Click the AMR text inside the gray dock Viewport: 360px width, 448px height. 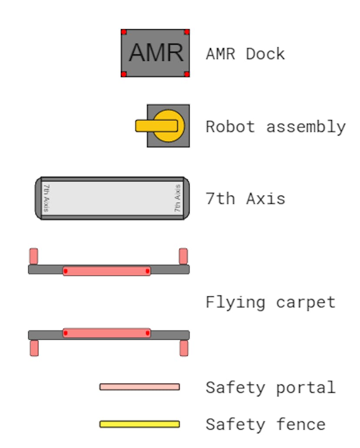click(156, 53)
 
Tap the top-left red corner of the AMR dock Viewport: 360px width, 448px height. click(124, 32)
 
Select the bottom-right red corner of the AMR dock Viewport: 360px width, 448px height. click(187, 74)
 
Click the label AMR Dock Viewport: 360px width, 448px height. click(245, 54)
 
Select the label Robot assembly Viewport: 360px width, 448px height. click(276, 126)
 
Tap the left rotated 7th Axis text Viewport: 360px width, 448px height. click(47, 198)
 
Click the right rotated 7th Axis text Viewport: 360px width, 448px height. click(177, 198)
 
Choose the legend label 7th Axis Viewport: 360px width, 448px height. click(245, 199)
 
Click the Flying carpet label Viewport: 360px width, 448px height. click(270, 302)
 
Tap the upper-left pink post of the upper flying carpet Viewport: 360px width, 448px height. click(33, 256)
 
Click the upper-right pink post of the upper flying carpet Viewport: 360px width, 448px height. click(183, 256)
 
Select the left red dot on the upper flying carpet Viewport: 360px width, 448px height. click(66, 271)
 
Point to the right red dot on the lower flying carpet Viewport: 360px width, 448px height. click(148, 333)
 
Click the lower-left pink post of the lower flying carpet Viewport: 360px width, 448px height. click(34, 348)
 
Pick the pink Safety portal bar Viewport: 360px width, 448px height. click(140, 387)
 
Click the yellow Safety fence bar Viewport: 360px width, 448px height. click(140, 424)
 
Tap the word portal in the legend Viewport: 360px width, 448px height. click(306, 388)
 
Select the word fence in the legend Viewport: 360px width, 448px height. click(301, 424)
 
